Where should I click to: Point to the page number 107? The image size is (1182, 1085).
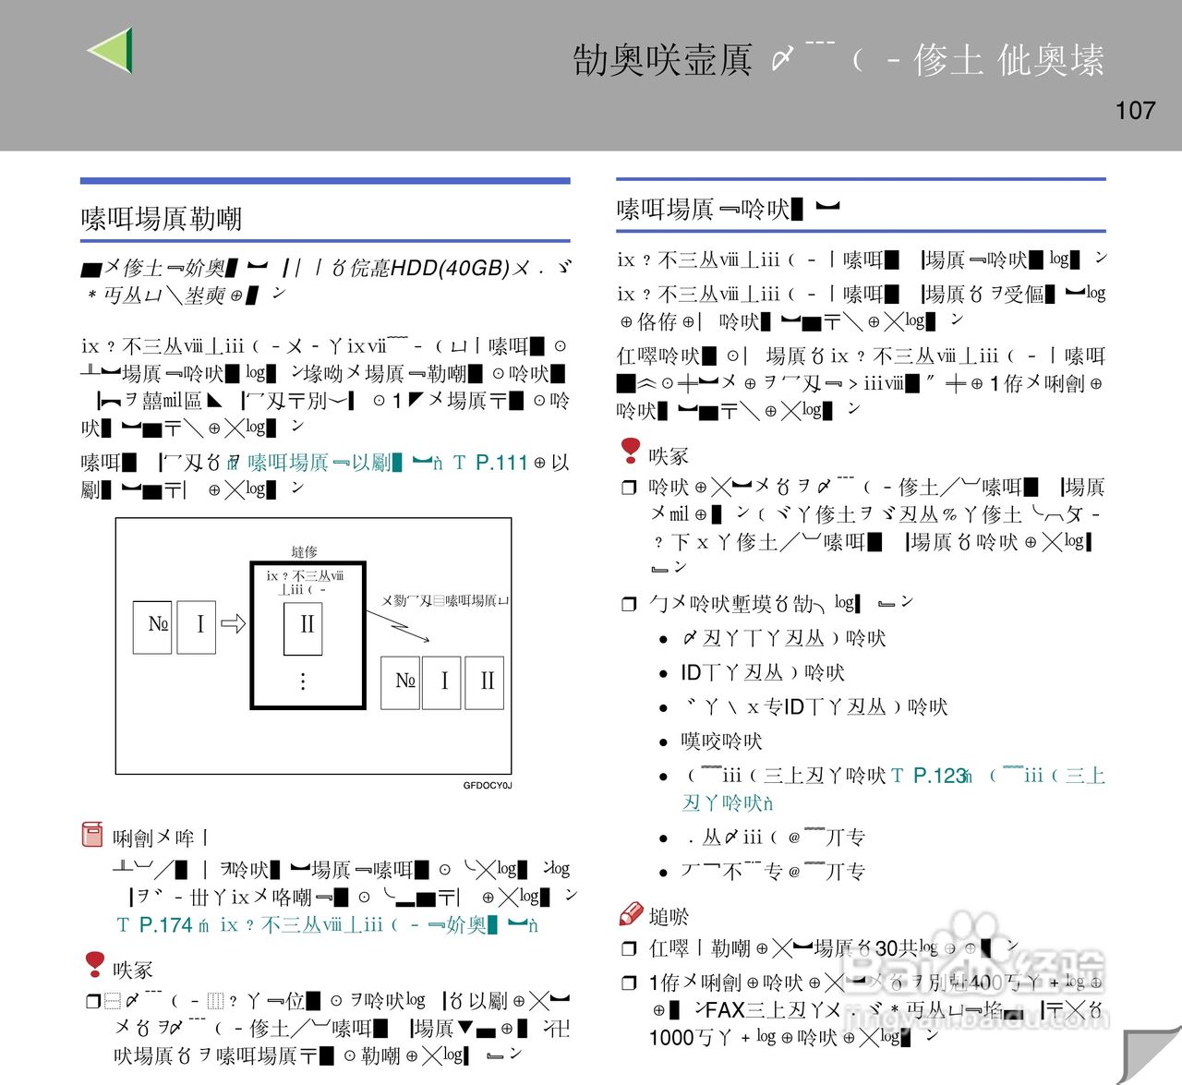coord(1135,111)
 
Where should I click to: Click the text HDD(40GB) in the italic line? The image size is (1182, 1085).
coord(451,268)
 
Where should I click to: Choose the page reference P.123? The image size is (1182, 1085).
coord(939,776)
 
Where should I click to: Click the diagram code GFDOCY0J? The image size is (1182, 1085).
coord(487,786)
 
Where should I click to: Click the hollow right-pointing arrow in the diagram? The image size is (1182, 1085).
coord(234,624)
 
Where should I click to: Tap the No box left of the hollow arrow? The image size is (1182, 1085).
coord(153,626)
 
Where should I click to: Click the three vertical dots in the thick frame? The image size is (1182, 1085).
coord(303,681)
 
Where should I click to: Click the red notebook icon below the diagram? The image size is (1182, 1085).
coord(92,835)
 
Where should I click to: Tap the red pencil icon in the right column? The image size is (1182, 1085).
coord(631,914)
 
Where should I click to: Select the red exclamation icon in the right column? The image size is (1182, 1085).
coord(631,451)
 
